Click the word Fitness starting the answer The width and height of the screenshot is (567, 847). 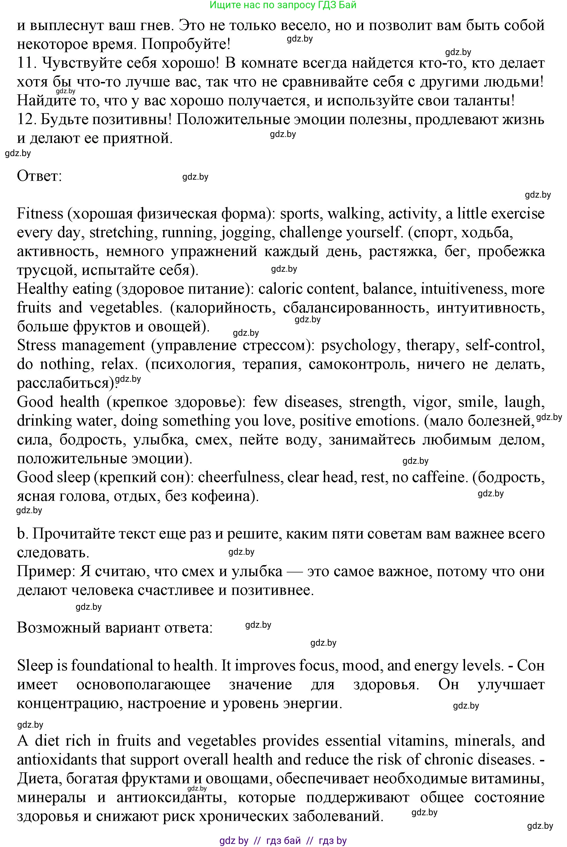40,214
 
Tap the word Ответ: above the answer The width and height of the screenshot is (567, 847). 39,176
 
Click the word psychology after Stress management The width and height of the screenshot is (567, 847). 358,345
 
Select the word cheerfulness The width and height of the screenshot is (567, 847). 239,477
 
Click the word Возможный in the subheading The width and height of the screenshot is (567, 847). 59,628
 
